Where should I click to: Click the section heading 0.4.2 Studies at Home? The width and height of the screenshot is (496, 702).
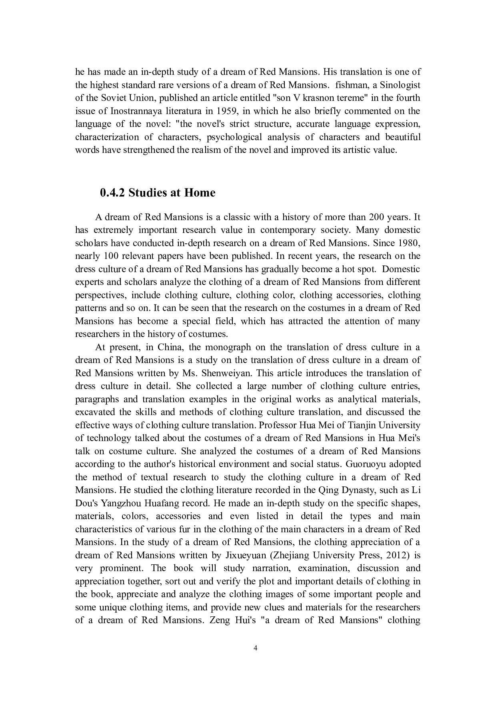coord(157,193)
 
